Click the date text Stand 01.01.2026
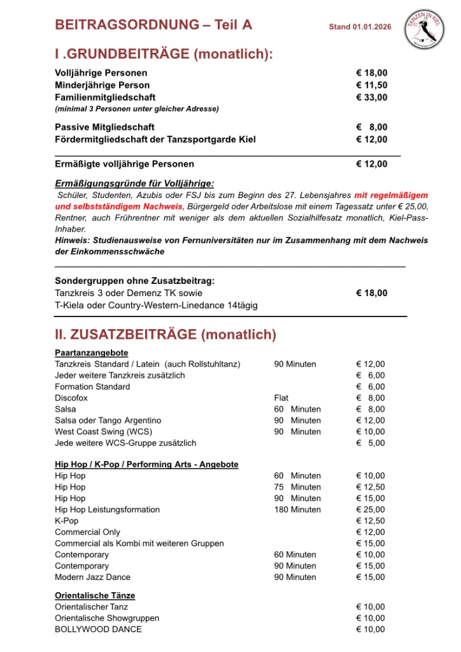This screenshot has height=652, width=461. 360,27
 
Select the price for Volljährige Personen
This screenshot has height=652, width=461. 371,73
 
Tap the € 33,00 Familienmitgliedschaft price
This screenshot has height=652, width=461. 371,97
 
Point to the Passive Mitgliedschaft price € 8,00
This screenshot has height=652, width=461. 371,127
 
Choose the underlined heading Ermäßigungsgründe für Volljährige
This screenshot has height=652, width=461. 134,182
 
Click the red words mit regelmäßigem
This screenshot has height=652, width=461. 391,195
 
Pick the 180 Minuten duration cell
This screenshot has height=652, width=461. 297,509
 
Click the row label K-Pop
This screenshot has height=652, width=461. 67,521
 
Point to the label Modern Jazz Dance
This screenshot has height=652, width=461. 92,577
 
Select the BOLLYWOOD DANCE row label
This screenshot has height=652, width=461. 98,629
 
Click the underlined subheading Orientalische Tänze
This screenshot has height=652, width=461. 95,595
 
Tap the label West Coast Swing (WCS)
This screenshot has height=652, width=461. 99,432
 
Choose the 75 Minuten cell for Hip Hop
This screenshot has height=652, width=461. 297,487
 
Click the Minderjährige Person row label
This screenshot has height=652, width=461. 102,85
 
